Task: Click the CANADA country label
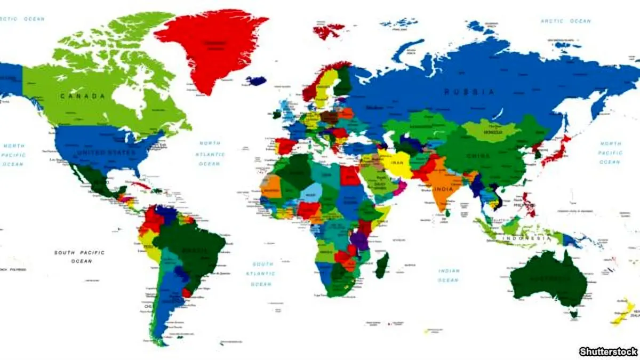[x=83, y=96]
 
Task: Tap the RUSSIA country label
[x=469, y=92]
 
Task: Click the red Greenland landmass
[x=211, y=45]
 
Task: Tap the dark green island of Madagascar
[x=382, y=265]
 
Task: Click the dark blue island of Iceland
[x=256, y=81]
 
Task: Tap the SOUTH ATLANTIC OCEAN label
[x=263, y=274]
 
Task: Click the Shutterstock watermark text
[x=608, y=351]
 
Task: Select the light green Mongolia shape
[x=491, y=131]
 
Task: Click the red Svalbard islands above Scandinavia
[x=328, y=31]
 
